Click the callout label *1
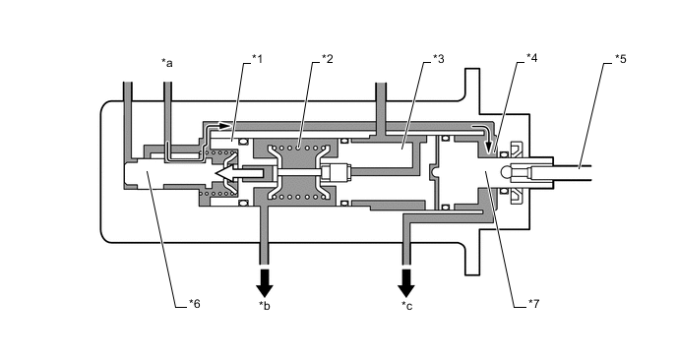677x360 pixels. point(258,58)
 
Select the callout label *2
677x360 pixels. point(328,58)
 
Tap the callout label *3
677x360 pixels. point(439,58)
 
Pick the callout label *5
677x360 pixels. point(620,58)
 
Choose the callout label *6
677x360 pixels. point(194,304)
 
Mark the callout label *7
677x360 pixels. point(534,304)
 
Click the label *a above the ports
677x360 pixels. point(167,63)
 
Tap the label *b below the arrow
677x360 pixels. point(265,306)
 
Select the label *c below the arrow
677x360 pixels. point(406,306)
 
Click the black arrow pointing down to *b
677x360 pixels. point(265,283)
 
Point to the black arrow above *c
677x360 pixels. point(405,283)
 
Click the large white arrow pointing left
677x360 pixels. point(239,173)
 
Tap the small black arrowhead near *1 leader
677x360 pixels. point(223,126)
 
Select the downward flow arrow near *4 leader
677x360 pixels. point(488,147)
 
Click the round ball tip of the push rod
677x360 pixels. point(506,173)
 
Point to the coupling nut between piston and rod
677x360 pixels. point(337,172)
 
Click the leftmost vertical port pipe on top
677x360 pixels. point(128,119)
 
